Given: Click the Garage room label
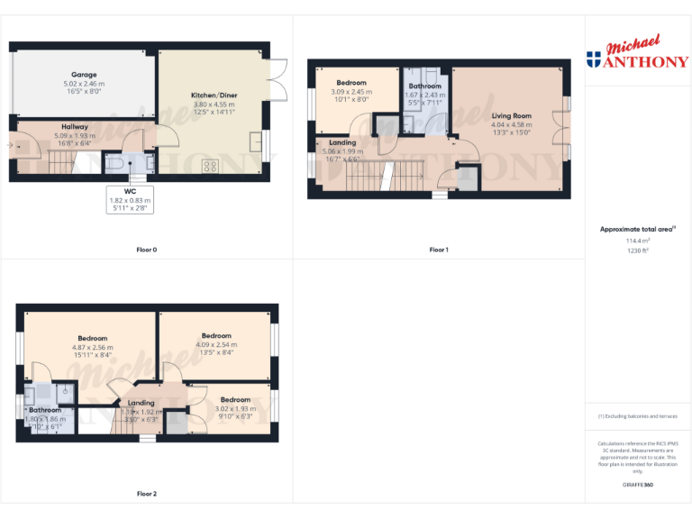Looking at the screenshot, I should click(84, 75).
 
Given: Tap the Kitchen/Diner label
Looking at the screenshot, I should click(214, 96).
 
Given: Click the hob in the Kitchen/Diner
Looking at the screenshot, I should click(211, 166).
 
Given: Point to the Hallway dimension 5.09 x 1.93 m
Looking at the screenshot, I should click(75, 135).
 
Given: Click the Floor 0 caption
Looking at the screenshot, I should click(146, 250).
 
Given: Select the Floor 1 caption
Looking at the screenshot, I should click(438, 250).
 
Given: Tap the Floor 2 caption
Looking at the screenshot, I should click(146, 494).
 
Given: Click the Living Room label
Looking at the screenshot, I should click(511, 115).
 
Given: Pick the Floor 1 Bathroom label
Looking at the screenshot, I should click(424, 86).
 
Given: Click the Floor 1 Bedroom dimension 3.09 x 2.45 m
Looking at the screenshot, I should click(351, 92).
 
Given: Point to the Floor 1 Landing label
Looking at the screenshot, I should click(342, 142).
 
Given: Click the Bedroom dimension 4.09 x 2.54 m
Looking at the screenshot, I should click(216, 344).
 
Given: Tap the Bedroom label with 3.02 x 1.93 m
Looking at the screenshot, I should click(235, 399).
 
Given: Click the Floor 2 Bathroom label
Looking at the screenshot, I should click(45, 410).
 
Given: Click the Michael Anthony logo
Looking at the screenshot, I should click(637, 54).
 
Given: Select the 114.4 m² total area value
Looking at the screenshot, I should click(637, 241).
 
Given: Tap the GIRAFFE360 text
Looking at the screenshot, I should click(637, 485).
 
